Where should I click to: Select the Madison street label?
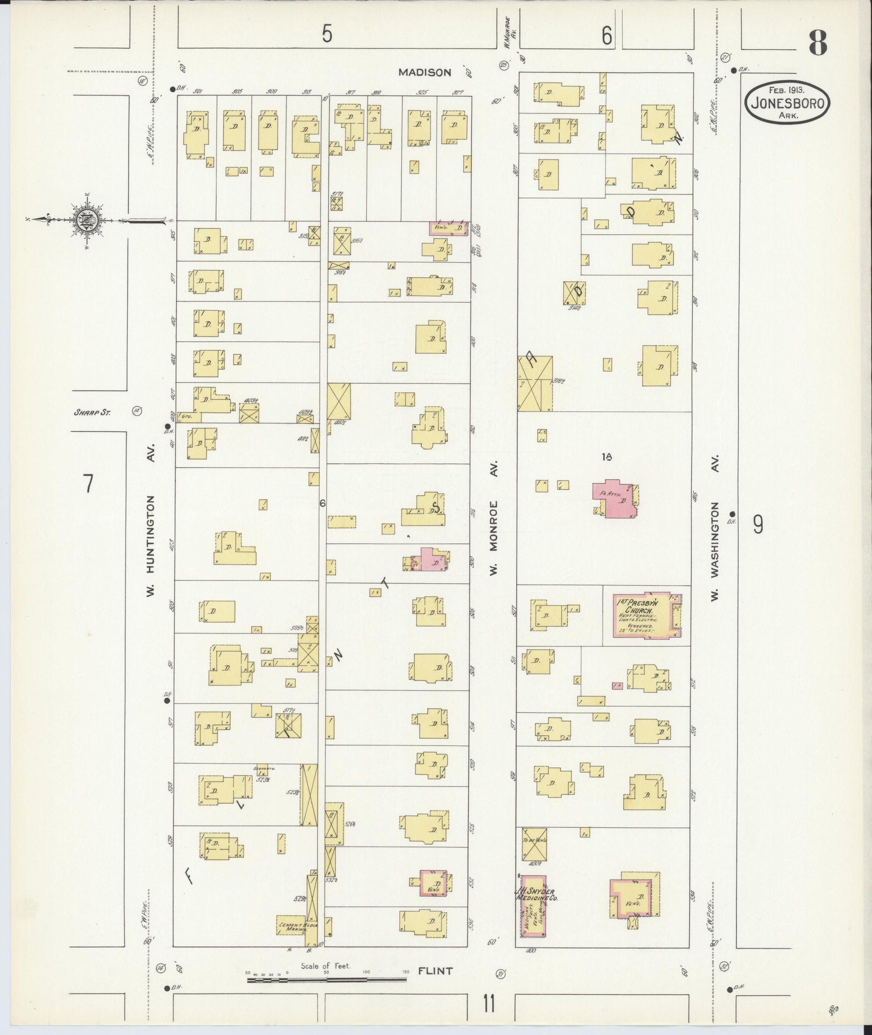[x=425, y=72]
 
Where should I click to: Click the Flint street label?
[x=435, y=971]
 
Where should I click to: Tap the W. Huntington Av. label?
[x=151, y=546]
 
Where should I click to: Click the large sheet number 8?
[x=818, y=43]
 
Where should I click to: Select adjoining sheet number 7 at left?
[x=88, y=484]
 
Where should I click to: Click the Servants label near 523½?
[x=263, y=768]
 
